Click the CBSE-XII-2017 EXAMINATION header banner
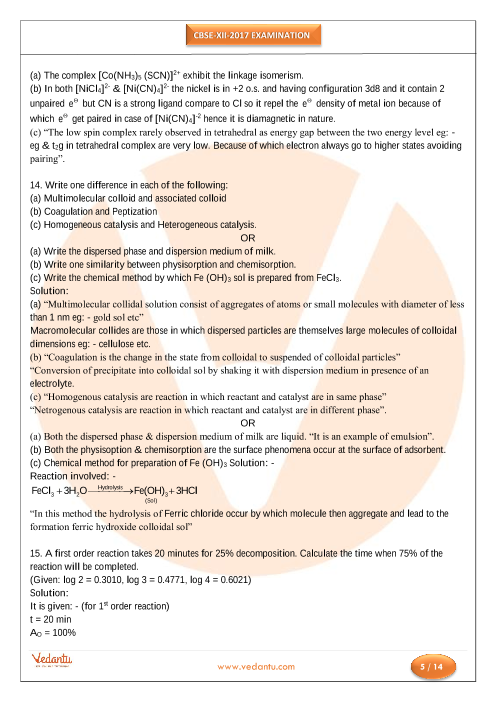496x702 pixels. click(x=247, y=37)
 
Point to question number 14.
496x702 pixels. click(x=36, y=188)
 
